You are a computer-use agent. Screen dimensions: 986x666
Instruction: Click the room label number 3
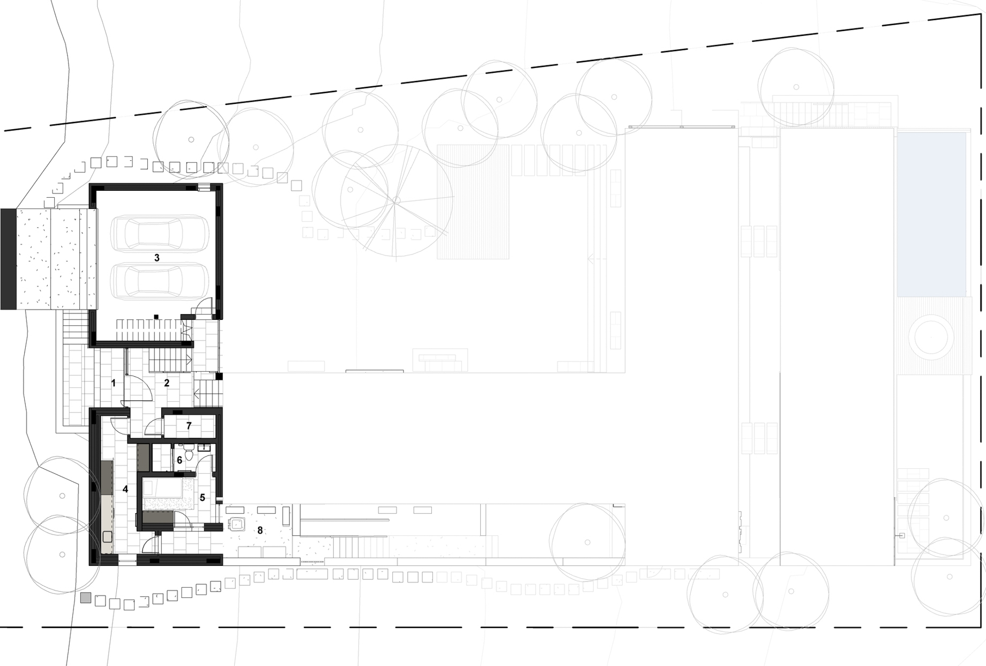(157, 258)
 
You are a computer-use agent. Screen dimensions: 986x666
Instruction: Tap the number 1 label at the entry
(113, 383)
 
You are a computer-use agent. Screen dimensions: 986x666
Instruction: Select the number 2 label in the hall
(167, 383)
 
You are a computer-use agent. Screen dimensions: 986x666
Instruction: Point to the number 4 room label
(125, 489)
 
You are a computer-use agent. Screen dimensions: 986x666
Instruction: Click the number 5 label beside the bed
(203, 498)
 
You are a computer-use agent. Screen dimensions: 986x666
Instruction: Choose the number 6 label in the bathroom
(180, 460)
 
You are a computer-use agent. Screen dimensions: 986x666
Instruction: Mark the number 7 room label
(189, 426)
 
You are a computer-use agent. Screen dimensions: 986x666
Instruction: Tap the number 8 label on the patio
(260, 530)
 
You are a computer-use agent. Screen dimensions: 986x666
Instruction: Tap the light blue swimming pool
(931, 214)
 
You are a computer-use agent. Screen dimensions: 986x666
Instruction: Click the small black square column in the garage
(156, 317)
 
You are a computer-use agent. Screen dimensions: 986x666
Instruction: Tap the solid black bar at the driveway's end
(9, 259)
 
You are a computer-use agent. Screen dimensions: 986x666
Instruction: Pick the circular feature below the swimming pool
(934, 337)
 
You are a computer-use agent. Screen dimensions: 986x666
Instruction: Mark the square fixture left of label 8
(236, 524)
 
